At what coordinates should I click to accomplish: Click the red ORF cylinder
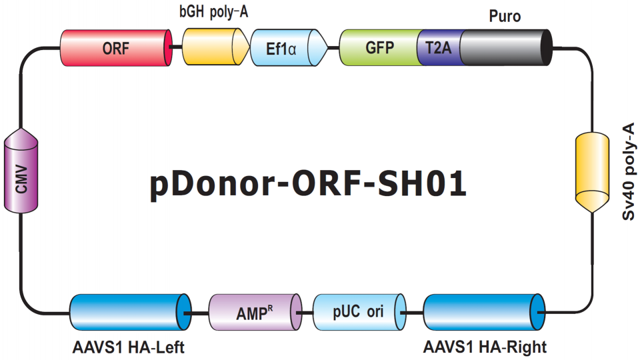tap(116, 48)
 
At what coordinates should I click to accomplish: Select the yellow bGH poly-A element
tap(215, 47)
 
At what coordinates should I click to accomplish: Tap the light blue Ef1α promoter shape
tap(289, 47)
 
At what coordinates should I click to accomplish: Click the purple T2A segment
tap(439, 47)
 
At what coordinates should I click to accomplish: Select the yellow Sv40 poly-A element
tap(592, 172)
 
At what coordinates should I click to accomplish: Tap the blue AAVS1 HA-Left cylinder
tap(130, 312)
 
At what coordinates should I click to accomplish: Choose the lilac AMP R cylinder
tap(255, 312)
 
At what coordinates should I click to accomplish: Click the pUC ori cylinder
tap(359, 312)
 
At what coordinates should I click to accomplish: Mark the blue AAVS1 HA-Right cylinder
tap(484, 312)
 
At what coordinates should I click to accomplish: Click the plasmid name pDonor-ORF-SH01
tap(308, 184)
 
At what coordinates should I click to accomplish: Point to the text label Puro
tap(505, 17)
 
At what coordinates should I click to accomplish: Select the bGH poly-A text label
tap(214, 12)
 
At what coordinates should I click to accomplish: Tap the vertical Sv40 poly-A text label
tap(628, 171)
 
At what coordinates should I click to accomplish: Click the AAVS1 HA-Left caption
tap(128, 347)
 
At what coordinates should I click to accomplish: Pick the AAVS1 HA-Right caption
tap(485, 347)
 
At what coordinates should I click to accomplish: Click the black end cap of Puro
tap(547, 47)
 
